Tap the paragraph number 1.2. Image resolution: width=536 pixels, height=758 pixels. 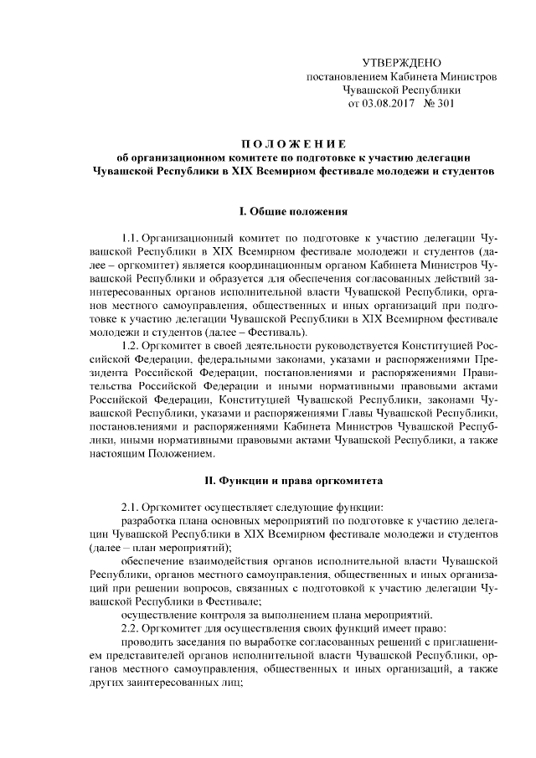(x=132, y=347)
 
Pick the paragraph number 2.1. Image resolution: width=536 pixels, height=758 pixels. (x=132, y=508)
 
